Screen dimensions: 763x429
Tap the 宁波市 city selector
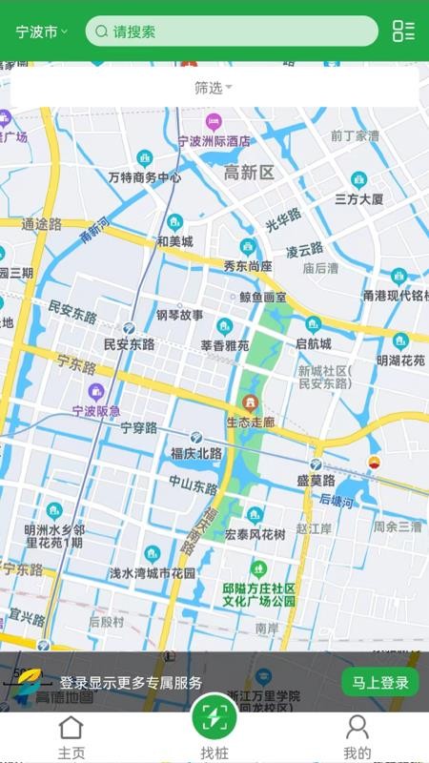pos(41,31)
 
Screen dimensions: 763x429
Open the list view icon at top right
pos(403,31)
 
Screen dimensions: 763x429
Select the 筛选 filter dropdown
pos(214,88)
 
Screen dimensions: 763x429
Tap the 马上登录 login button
pos(380,682)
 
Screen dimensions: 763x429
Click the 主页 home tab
pos(71,737)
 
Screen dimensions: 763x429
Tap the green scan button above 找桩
pos(214,717)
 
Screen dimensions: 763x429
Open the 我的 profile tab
pos(357,737)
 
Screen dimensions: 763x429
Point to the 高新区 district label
pos(249,173)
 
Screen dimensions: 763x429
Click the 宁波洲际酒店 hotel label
pos(214,140)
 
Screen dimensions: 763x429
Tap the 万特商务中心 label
pos(145,177)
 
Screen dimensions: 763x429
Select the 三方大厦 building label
pos(358,199)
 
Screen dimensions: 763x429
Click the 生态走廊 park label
pos(251,421)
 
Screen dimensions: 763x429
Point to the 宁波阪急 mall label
pos(96,411)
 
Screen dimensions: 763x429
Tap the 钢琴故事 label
pos(179,315)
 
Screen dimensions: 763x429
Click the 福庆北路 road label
pos(195,452)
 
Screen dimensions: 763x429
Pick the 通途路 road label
pos(41,224)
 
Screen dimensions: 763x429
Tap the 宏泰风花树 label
pos(255,534)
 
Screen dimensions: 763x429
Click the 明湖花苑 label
pos(400,361)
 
